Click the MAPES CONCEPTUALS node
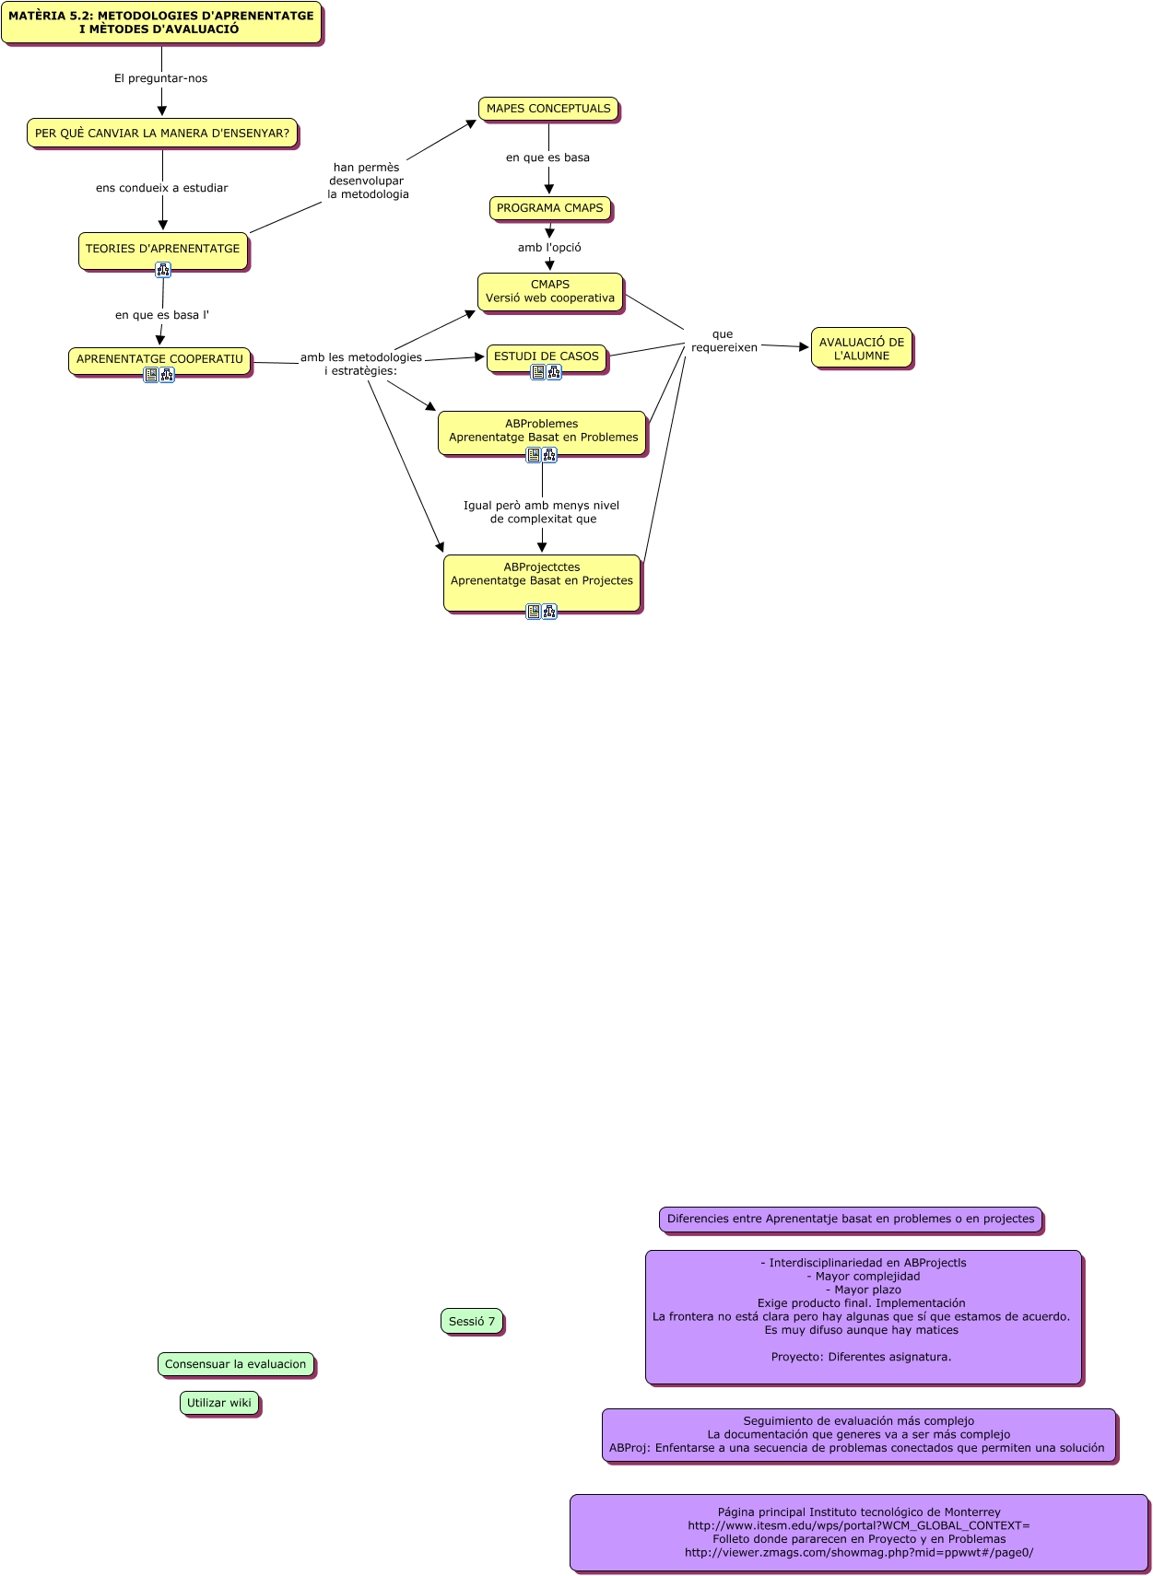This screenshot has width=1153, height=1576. point(548,109)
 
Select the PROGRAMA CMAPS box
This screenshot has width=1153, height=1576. point(549,208)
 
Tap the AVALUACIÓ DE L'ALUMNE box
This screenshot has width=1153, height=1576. point(862,348)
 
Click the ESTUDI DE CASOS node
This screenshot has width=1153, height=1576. point(546,356)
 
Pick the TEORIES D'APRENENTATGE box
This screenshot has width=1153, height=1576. point(162,248)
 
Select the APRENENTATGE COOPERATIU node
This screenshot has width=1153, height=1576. point(159,358)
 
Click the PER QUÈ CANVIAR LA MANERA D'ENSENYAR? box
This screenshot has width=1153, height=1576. point(162,133)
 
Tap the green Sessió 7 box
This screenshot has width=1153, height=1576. point(472,1321)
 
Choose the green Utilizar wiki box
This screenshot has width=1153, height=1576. point(219,1403)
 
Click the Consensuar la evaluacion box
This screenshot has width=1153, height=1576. point(235,1364)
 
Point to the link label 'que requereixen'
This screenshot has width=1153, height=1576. point(724,341)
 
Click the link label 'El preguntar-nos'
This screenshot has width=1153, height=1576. point(160,78)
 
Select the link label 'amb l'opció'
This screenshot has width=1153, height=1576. point(549,247)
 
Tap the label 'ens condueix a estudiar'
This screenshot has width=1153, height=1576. point(162,188)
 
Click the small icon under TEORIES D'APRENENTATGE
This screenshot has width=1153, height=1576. point(163,270)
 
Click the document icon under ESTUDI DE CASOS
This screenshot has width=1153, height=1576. point(537,372)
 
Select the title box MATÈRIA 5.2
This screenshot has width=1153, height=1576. point(161,22)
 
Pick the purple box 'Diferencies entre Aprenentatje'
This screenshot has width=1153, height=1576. point(851,1219)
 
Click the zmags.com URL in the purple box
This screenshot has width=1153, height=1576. point(859,1552)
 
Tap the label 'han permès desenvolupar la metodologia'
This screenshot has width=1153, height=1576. point(367,181)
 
